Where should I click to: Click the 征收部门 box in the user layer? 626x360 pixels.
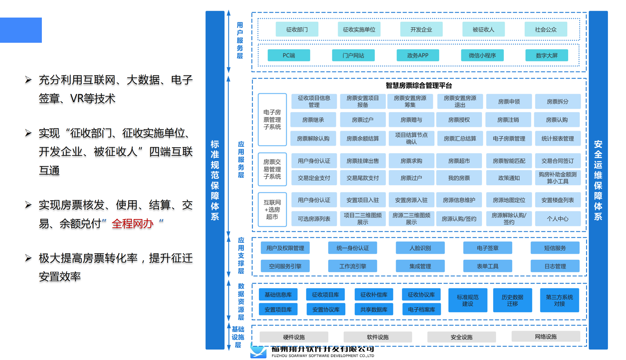tap(297, 29)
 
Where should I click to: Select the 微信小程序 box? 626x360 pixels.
tap(482, 55)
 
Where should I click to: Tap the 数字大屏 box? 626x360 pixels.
tap(546, 55)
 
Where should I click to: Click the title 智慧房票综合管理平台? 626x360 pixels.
tap(418, 86)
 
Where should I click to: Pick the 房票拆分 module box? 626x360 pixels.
tap(557, 101)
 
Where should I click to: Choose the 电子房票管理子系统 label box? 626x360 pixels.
tap(272, 120)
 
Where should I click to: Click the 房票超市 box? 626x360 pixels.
tap(459, 161)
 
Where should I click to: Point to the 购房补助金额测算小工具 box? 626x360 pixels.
tap(557, 178)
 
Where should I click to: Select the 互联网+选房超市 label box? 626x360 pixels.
tap(272, 209)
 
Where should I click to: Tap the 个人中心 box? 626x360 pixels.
tap(557, 219)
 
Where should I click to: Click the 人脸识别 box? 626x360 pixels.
tap(420, 248)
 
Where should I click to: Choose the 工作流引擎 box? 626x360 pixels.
tap(353, 266)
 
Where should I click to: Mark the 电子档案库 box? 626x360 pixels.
tap(421, 310)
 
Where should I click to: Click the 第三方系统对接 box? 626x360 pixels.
tap(559, 300)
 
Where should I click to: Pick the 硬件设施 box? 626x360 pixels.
tap(294, 337)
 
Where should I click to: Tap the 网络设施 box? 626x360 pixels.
tap(545, 337)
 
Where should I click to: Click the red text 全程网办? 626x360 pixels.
tap(132, 224)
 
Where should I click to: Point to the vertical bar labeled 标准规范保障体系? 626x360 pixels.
tap(215, 180)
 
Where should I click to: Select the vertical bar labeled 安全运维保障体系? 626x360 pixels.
tap(598, 180)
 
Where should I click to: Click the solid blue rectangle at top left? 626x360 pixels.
tap(21, 30)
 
